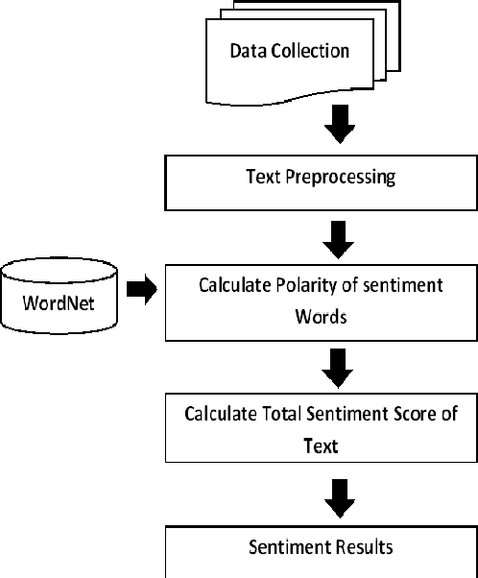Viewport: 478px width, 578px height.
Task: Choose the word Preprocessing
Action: pyautogui.click(x=341, y=178)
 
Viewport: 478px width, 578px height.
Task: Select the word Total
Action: pyautogui.click(x=288, y=414)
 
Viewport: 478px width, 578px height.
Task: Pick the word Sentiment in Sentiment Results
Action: pyautogui.click(x=290, y=549)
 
